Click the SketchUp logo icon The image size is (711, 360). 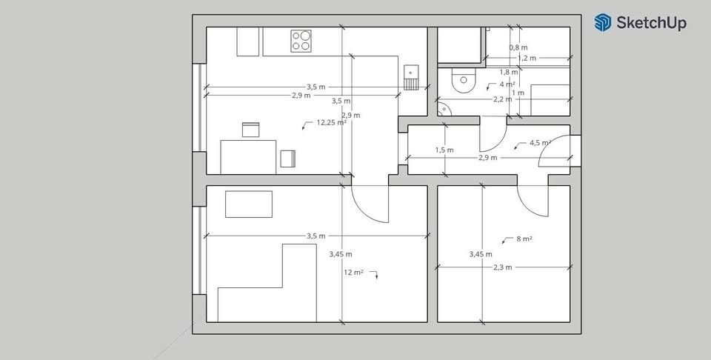pyautogui.click(x=603, y=22)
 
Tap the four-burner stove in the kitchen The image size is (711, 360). pyautogui.click(x=301, y=40)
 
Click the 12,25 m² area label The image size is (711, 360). pyautogui.click(x=331, y=123)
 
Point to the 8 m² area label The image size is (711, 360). pyautogui.click(x=524, y=239)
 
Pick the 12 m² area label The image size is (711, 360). pyautogui.click(x=353, y=273)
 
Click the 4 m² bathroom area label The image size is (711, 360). pyautogui.click(x=507, y=84)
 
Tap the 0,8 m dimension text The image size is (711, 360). pyautogui.click(x=518, y=47)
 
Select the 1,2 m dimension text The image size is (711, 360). pyautogui.click(x=527, y=58)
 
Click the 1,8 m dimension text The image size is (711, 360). pyautogui.click(x=509, y=72)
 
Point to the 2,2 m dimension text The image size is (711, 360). pyautogui.click(x=503, y=99)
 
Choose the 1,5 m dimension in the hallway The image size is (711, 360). pyautogui.click(x=444, y=150)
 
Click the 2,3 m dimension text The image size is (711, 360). pyautogui.click(x=503, y=267)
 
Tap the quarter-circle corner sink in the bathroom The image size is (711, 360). pyautogui.click(x=443, y=110)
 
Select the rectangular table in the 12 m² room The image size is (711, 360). pyautogui.click(x=249, y=204)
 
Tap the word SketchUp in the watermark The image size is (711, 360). pyautogui.click(x=652, y=23)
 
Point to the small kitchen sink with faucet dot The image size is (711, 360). pyautogui.click(x=411, y=72)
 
